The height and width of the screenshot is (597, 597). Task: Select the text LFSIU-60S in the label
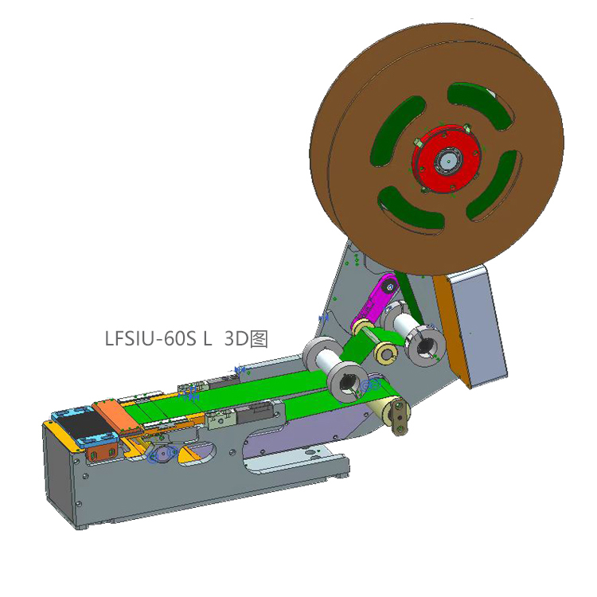pyautogui.click(x=151, y=338)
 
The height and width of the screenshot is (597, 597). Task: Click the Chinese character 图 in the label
pyautogui.click(x=258, y=338)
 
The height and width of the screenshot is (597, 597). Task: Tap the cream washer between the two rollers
pyautogui.click(x=387, y=353)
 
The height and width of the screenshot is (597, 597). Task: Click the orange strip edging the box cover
pyautogui.click(x=447, y=326)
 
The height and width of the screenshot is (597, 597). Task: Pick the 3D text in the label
pyautogui.click(x=236, y=338)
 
